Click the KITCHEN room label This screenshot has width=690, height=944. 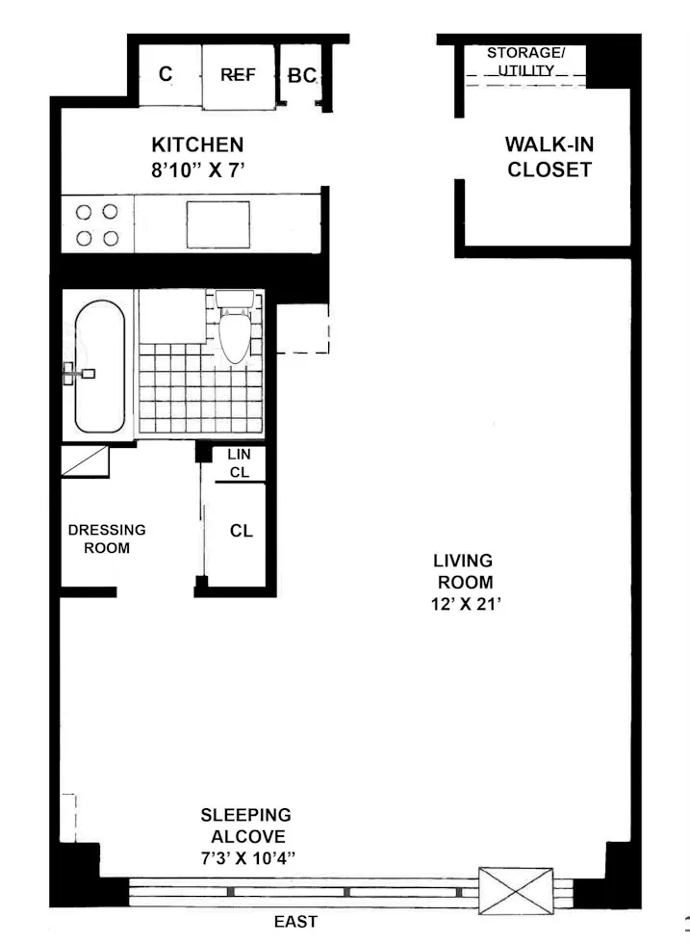pyautogui.click(x=197, y=145)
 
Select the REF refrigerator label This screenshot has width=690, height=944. pyautogui.click(x=238, y=74)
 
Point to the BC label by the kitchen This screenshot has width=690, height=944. pyautogui.click(x=301, y=75)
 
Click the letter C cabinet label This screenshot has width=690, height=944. pyautogui.click(x=166, y=74)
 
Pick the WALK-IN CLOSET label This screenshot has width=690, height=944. pyautogui.click(x=549, y=158)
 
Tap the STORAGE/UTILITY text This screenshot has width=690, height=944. pyautogui.click(x=525, y=62)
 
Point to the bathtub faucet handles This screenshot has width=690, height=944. pyautogui.click(x=76, y=373)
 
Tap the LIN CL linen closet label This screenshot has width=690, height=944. pyautogui.click(x=239, y=462)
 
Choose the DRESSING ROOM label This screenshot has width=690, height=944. pyautogui.click(x=107, y=538)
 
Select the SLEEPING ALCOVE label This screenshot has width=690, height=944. pyautogui.click(x=245, y=826)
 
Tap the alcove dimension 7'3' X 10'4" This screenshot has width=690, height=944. pyautogui.click(x=245, y=857)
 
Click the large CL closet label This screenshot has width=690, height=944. pyautogui.click(x=241, y=531)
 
